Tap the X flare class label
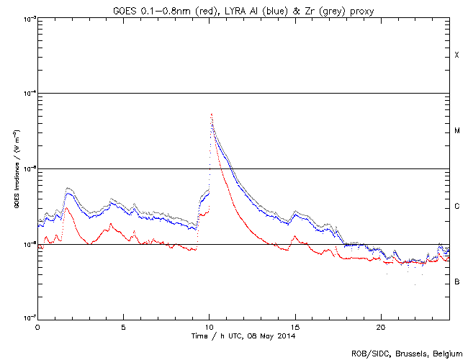(456, 55)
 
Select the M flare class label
(456, 131)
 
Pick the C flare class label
(456, 207)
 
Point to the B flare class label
(456, 282)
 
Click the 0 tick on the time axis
(37, 326)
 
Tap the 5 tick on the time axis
(123, 326)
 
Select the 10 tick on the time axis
(209, 326)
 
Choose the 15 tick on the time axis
(294, 326)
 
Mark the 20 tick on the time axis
(380, 326)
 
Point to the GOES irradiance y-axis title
(15, 168)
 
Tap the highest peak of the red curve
(211, 114)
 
